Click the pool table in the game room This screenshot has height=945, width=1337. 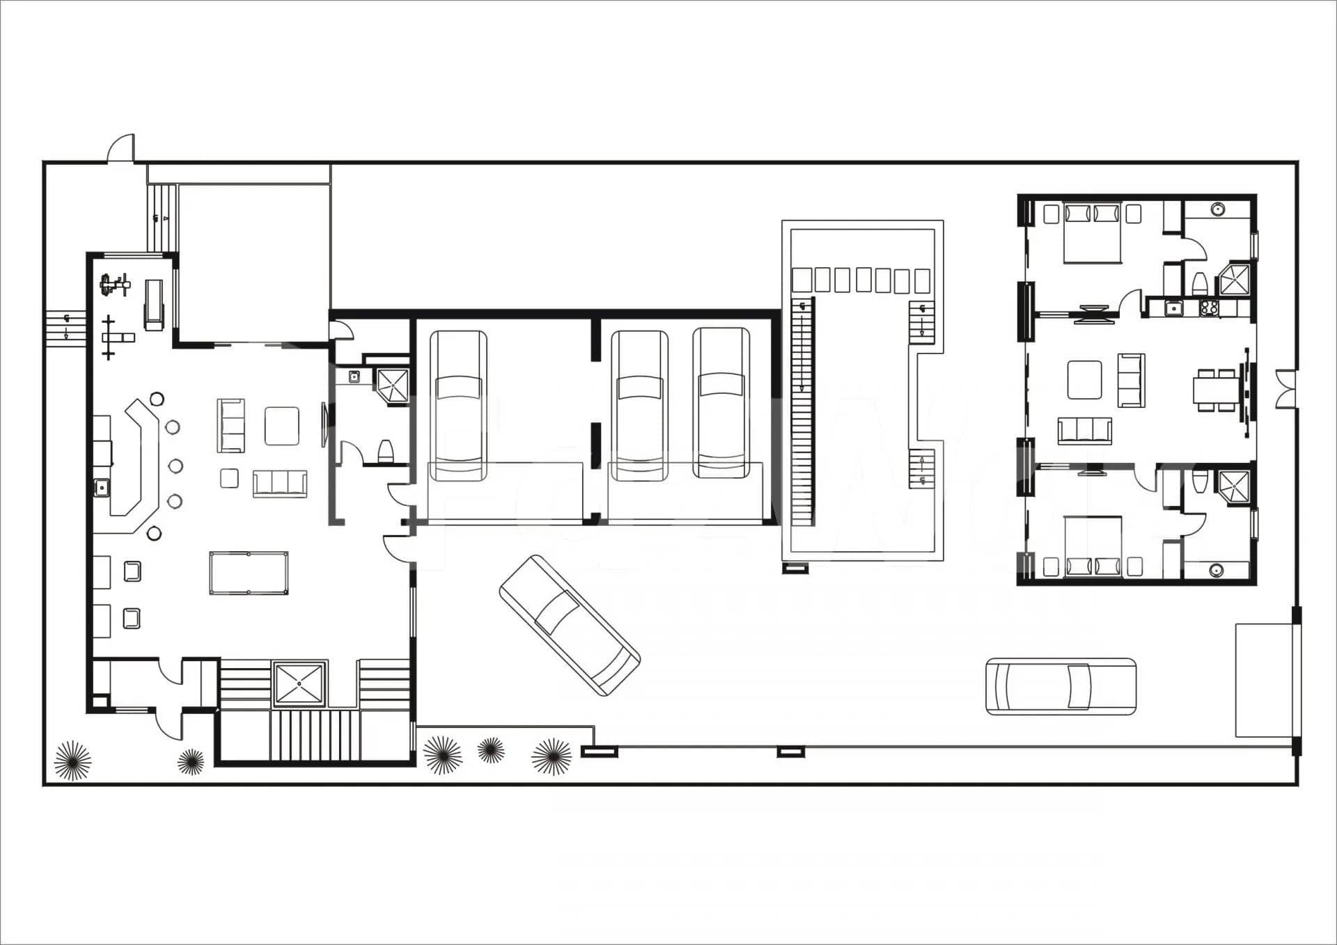(249, 573)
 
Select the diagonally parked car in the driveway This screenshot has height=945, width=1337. (569, 625)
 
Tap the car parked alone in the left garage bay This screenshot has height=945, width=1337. (458, 406)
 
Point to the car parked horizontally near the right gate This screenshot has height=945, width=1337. (1061, 686)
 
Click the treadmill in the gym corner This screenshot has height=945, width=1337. (153, 305)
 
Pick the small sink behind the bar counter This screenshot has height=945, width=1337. (102, 487)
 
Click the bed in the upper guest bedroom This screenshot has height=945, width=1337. (1092, 234)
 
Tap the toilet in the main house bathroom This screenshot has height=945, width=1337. (386, 451)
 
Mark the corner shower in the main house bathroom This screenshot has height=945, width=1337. (392, 385)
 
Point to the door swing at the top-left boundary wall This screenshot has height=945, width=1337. (120, 148)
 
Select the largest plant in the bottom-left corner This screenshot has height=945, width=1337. (72, 760)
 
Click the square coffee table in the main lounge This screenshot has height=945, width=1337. (281, 426)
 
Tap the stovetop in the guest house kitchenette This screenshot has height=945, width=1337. (1209, 307)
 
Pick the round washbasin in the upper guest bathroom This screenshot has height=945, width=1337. (1217, 209)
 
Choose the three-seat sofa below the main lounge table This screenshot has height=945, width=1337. (279, 483)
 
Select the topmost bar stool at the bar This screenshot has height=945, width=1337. (157, 399)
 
